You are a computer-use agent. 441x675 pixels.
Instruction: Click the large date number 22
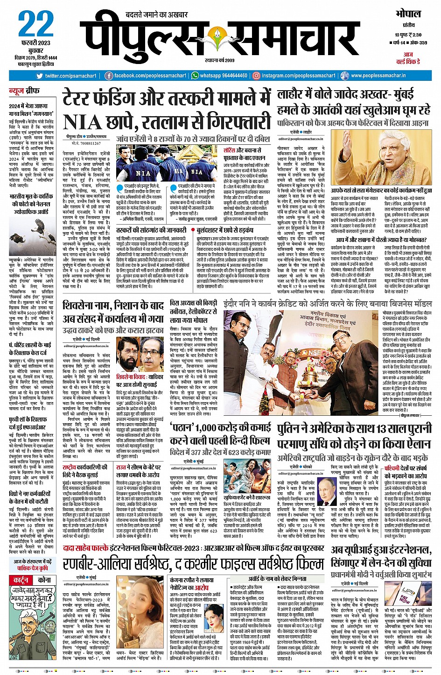point(35,25)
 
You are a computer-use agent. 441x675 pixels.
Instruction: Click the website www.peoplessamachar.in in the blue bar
point(378,76)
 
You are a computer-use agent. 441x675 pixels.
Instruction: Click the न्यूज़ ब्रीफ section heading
point(24,91)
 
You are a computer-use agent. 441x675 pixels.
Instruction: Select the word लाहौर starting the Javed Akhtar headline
point(294,95)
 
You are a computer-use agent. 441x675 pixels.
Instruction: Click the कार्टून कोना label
point(32,580)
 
